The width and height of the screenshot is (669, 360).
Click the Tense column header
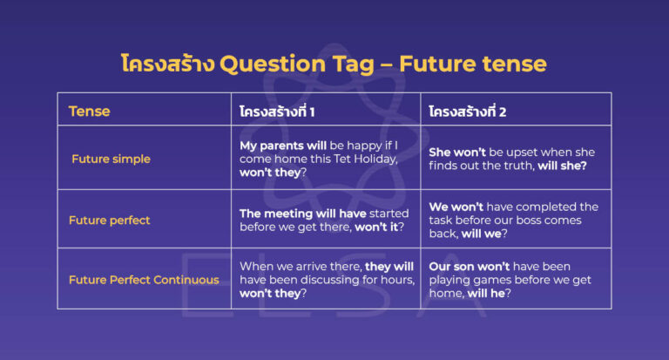[x=89, y=112]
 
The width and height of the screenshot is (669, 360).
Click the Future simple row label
[x=111, y=160]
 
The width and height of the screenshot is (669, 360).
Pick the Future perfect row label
[x=110, y=221]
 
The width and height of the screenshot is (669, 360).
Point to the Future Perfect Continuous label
[x=144, y=280]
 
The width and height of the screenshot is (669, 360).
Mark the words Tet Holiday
[x=365, y=159]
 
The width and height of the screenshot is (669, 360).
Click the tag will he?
[x=494, y=293]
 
